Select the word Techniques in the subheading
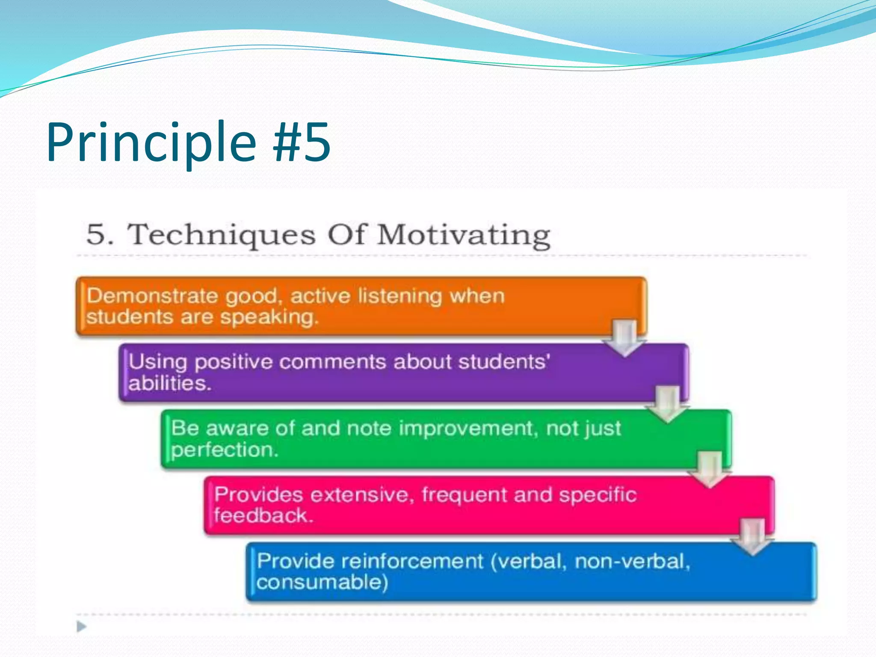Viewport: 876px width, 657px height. click(x=221, y=235)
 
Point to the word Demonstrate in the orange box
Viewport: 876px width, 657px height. click(x=152, y=296)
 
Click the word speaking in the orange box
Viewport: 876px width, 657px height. click(x=269, y=317)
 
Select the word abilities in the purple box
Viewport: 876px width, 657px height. click(x=170, y=383)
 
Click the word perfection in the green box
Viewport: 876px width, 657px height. click(x=225, y=450)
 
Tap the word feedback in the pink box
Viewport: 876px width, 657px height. click(x=263, y=516)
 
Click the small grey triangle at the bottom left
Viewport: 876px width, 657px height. click(x=81, y=627)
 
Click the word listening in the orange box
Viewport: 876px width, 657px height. click(x=400, y=296)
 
